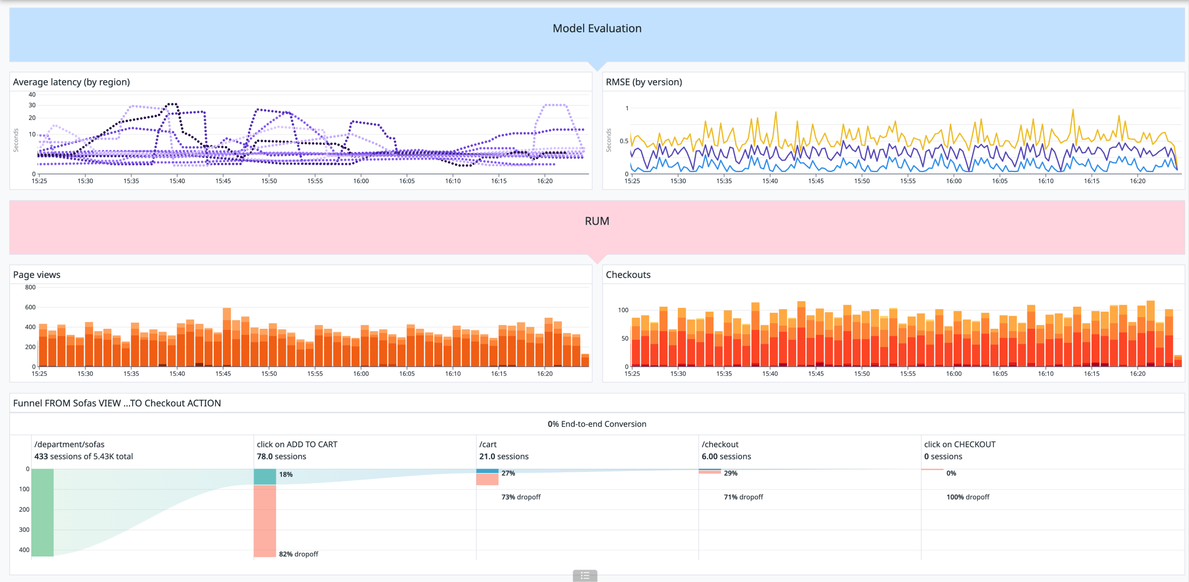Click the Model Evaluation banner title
click(596, 29)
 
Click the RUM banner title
click(596, 221)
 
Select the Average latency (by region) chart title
click(72, 82)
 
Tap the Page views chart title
click(37, 275)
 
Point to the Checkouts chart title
click(628, 275)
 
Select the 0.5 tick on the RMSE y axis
click(624, 141)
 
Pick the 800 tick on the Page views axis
click(31, 287)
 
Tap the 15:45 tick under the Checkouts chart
click(816, 374)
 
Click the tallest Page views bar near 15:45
click(227, 337)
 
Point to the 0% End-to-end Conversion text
click(596, 424)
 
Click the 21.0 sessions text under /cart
click(504, 457)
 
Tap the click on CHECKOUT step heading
click(959, 445)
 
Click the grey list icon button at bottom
click(584, 575)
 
